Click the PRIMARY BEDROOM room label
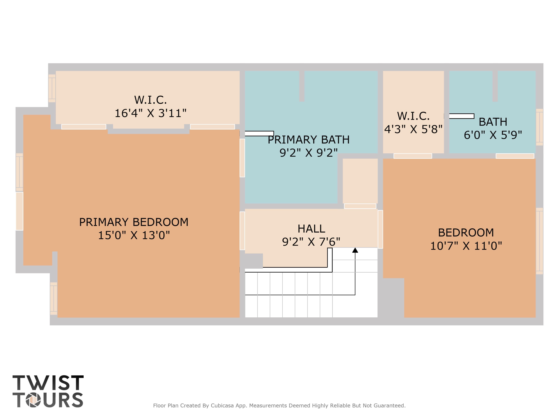coord(134,222)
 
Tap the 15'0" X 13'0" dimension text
coord(134,235)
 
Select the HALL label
coord(311,229)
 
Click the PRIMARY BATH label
coord(309,140)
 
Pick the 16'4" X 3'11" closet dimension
coord(151,113)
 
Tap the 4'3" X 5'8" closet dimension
coord(413,129)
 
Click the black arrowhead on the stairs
coord(355,250)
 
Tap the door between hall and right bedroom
coord(380,229)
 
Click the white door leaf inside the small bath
coord(461,116)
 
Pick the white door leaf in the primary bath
coord(259,133)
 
